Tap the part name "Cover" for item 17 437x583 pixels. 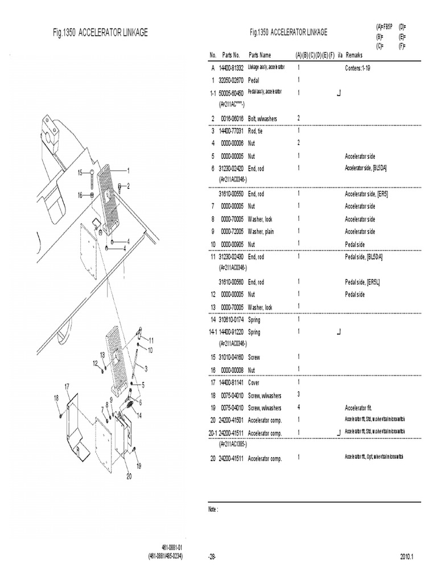pyautogui.click(x=255, y=382)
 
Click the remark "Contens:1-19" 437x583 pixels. pyautogui.click(x=361, y=68)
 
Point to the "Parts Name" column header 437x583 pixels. pyautogui.click(x=259, y=55)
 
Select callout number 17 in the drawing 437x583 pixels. pyautogui.click(x=67, y=387)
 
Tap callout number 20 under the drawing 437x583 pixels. pyautogui.click(x=129, y=477)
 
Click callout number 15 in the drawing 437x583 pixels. pyautogui.click(x=80, y=172)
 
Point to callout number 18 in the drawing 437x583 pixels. pyautogui.click(x=56, y=397)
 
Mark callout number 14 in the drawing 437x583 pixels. pyautogui.click(x=138, y=416)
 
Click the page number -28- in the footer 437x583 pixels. pyautogui.click(x=213, y=556)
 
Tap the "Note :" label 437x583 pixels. pyautogui.click(x=213, y=510)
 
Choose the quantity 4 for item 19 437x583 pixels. pyautogui.click(x=298, y=407)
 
